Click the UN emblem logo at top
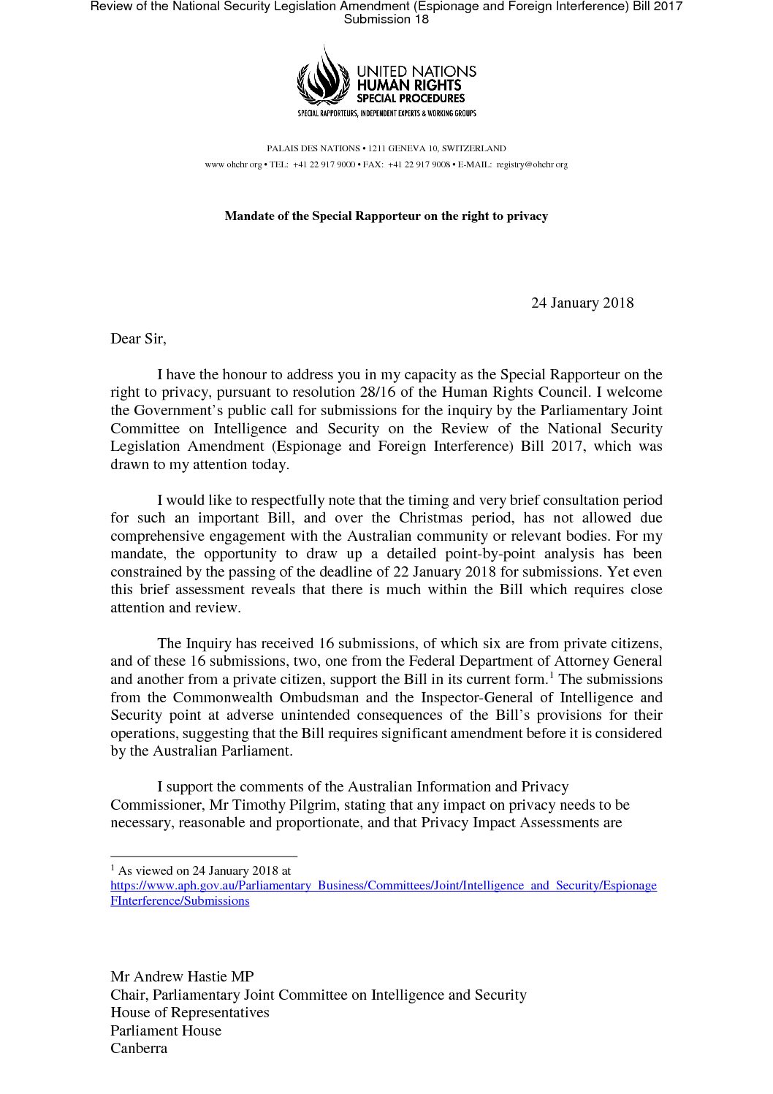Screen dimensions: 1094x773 (x=323, y=76)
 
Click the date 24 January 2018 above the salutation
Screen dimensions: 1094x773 (x=582, y=303)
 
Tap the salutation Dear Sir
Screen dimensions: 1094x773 (x=138, y=339)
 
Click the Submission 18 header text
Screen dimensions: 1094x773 (x=386, y=20)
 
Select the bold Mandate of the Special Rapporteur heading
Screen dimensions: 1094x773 (x=386, y=216)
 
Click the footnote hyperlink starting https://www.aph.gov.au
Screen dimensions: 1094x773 (x=383, y=886)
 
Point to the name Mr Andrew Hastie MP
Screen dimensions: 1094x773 (x=182, y=977)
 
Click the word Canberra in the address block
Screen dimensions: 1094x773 (x=139, y=1048)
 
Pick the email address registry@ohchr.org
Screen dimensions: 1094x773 (x=532, y=164)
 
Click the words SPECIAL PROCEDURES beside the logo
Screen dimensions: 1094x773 (x=410, y=98)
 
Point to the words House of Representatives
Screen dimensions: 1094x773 (x=190, y=1013)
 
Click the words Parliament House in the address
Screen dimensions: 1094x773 (x=166, y=1030)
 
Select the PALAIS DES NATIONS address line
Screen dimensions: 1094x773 (x=386, y=148)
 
